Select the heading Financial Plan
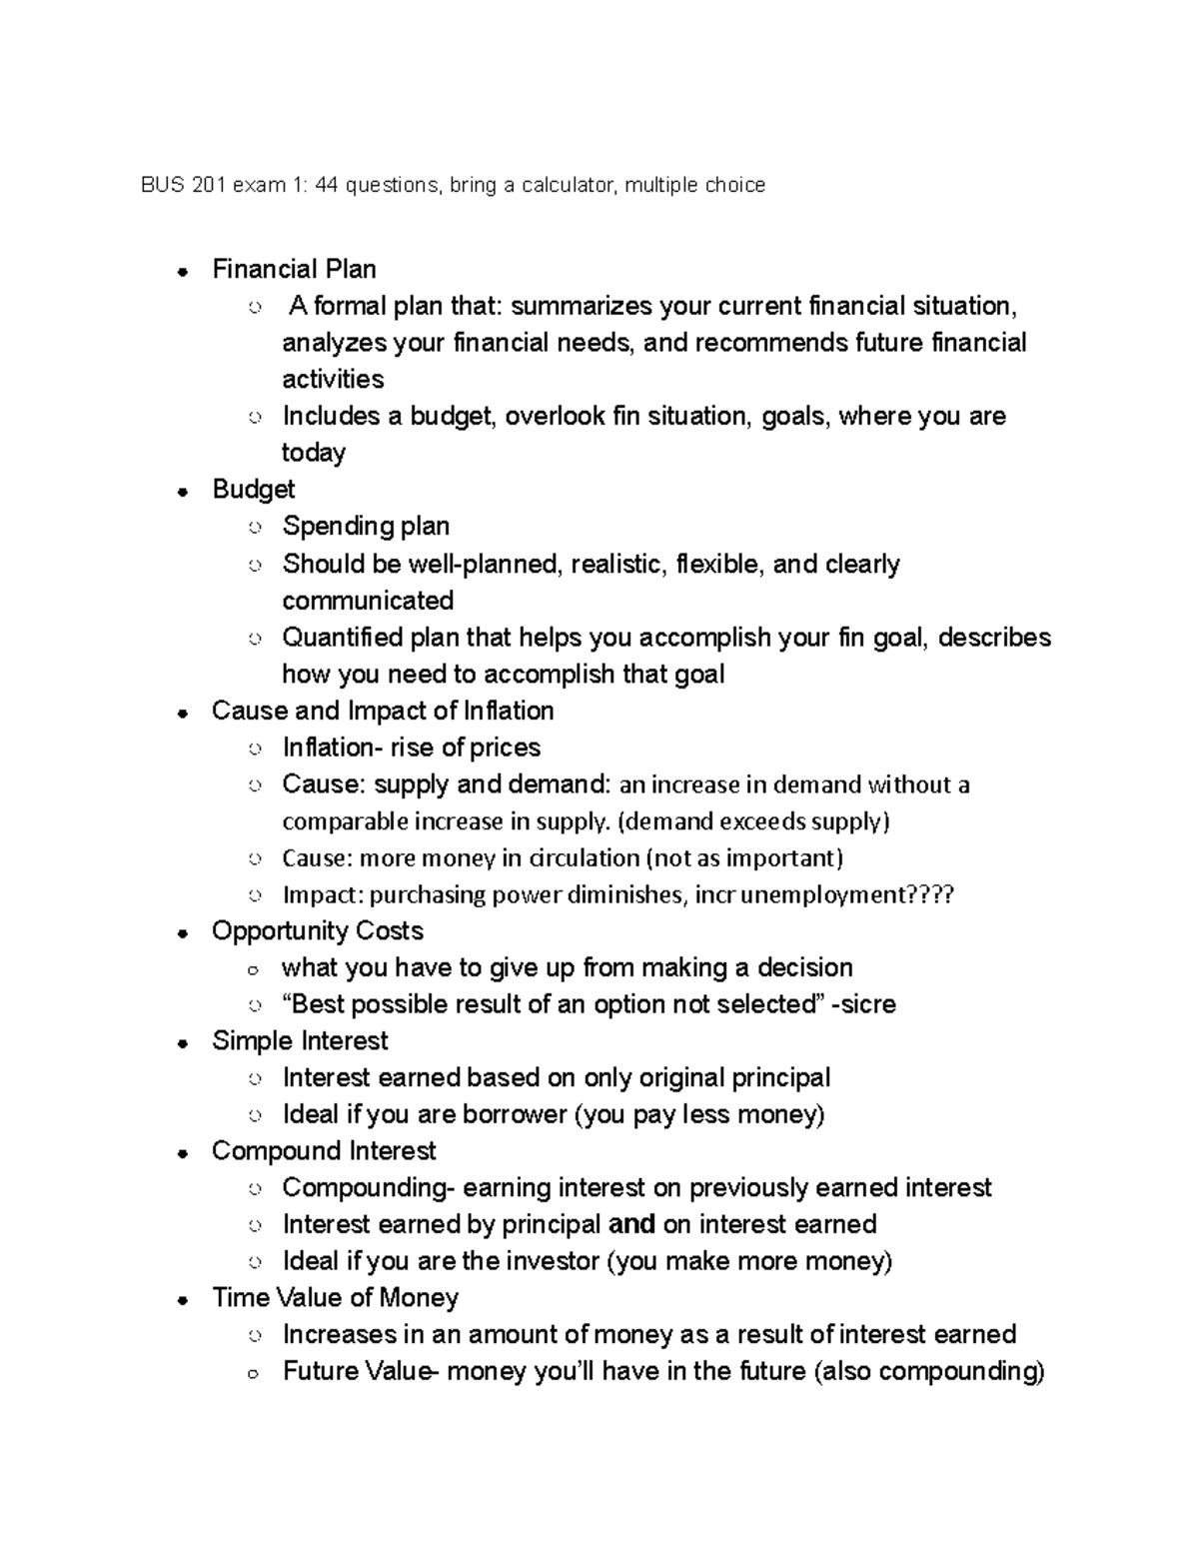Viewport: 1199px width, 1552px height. coord(294,269)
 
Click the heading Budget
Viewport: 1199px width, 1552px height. coord(253,489)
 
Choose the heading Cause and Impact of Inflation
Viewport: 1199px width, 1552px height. coord(383,711)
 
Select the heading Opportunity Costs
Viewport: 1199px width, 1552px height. coord(317,930)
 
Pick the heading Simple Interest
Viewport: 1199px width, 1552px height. coord(300,1040)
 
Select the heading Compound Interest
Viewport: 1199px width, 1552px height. coord(324,1150)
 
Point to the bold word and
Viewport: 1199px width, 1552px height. coord(631,1224)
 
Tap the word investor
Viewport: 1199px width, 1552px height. coord(553,1261)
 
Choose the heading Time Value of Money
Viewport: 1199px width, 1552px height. coord(335,1297)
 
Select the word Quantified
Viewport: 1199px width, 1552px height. coord(343,638)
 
